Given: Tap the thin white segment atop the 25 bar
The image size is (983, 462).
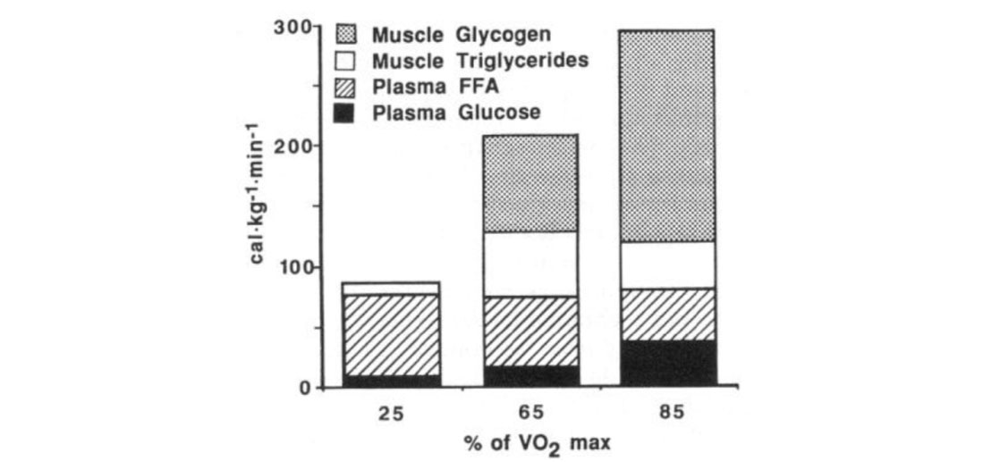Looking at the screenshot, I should pos(391,288).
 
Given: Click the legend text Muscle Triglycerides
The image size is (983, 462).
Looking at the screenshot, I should pos(479,61).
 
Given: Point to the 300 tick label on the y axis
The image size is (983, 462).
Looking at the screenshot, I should pos(292,28).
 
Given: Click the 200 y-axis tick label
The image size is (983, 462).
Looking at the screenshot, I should pos(292,147).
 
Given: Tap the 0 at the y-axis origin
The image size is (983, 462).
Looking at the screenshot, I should pos(304,388).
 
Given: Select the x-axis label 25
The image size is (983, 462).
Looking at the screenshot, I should pos(391,412).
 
